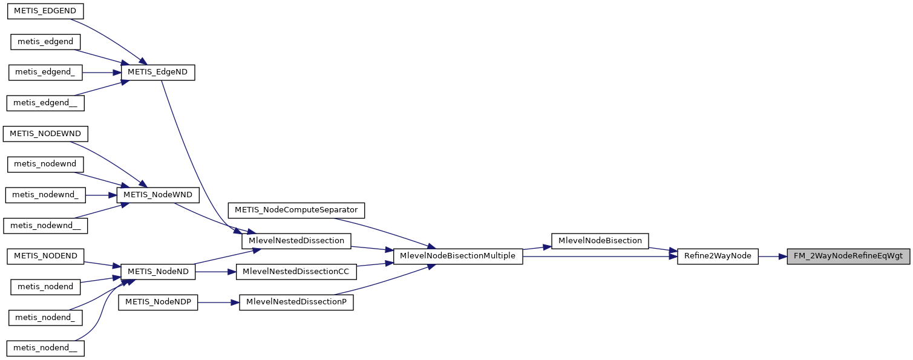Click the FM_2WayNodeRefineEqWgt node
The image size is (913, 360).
tap(848, 256)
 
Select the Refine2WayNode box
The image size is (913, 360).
tap(717, 256)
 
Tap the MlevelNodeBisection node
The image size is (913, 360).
tap(600, 241)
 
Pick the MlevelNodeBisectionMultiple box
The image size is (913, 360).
tap(457, 256)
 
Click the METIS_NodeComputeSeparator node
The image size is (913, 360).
tap(296, 210)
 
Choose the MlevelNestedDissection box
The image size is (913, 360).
tap(296, 241)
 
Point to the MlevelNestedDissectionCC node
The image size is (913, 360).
tap(296, 272)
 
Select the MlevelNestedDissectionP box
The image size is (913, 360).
tap(296, 302)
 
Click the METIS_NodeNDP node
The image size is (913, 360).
tap(158, 302)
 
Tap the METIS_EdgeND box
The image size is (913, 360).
tap(158, 72)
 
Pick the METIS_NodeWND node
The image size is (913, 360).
tap(158, 195)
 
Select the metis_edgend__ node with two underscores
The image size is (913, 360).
tap(45, 103)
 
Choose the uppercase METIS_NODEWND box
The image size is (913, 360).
tap(45, 133)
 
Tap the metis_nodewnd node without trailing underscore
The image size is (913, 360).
tap(45, 164)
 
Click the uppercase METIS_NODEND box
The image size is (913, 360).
tap(45, 256)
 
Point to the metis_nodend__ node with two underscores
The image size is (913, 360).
tap(45, 348)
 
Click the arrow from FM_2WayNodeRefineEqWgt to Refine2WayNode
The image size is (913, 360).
tap(772, 256)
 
